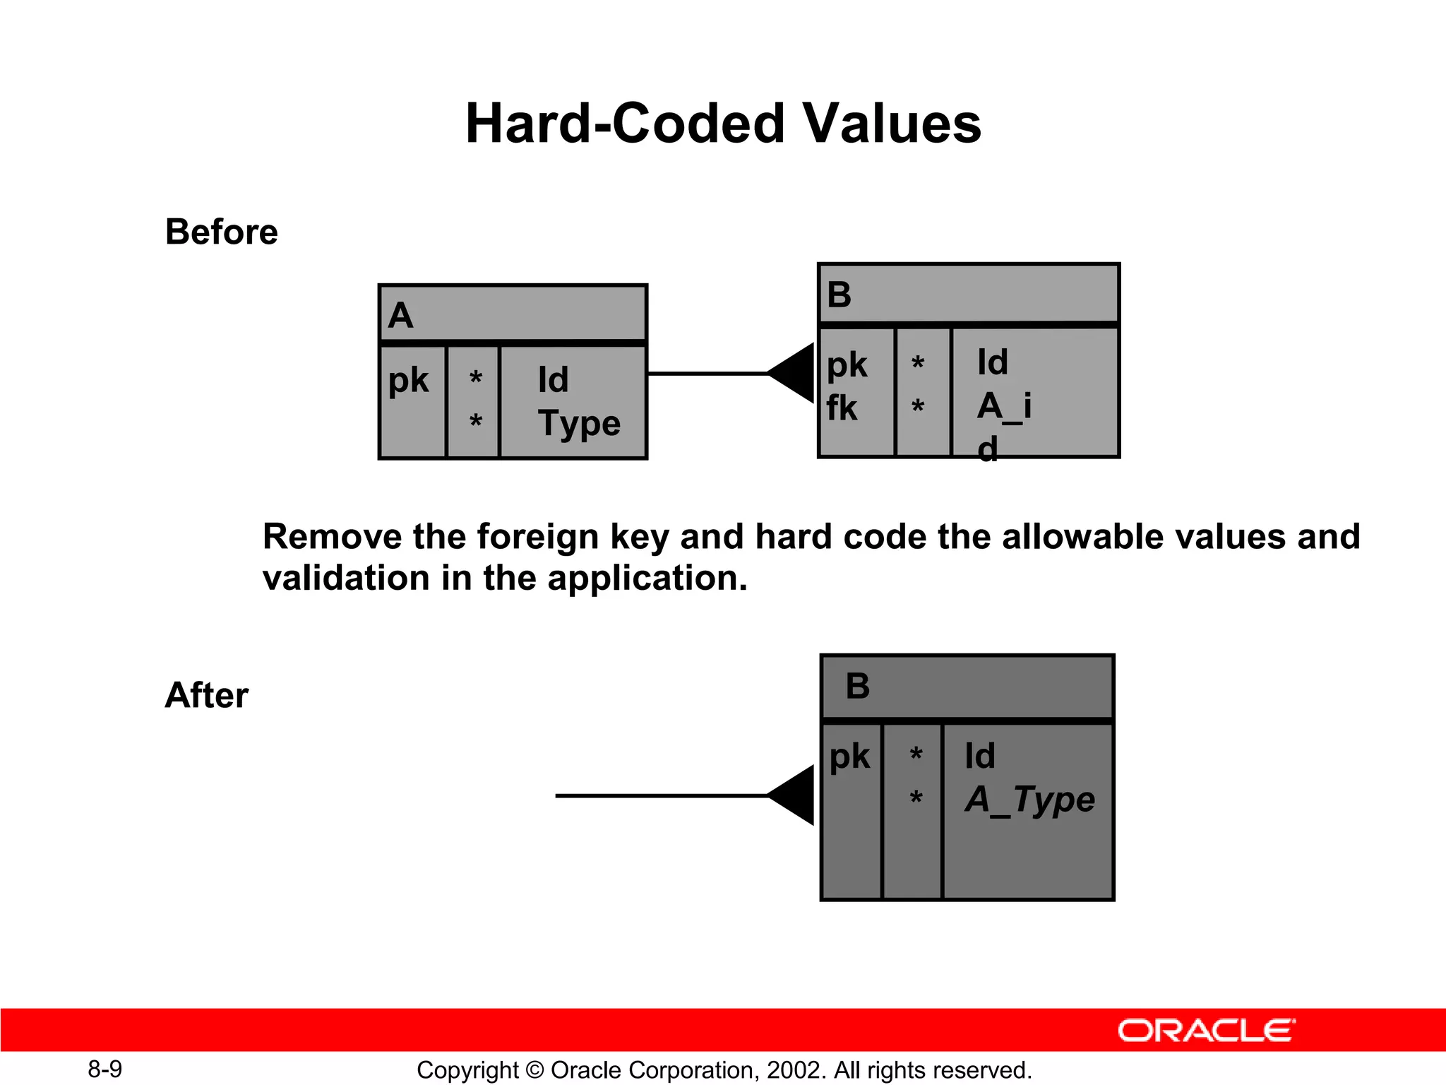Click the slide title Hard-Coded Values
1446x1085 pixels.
pos(723,124)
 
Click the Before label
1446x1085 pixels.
pos(222,232)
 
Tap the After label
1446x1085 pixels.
pos(206,695)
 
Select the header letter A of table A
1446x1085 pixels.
pos(400,315)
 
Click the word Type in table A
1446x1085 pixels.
pos(579,424)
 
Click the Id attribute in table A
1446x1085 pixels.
pos(553,380)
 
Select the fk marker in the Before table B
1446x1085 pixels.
pos(842,408)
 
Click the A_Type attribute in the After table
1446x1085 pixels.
pos(1029,800)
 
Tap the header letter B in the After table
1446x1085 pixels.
pos(858,686)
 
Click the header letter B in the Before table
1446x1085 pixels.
pos(839,295)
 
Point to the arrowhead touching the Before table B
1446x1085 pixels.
pos(794,373)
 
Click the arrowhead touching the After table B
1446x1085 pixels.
pos(794,795)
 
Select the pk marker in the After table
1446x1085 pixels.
pos(849,757)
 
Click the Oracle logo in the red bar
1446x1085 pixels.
pos(1206,1031)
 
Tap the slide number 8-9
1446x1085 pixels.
pos(104,1069)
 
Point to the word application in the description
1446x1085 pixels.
pos(646,578)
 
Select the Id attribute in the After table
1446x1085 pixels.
pos(980,756)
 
